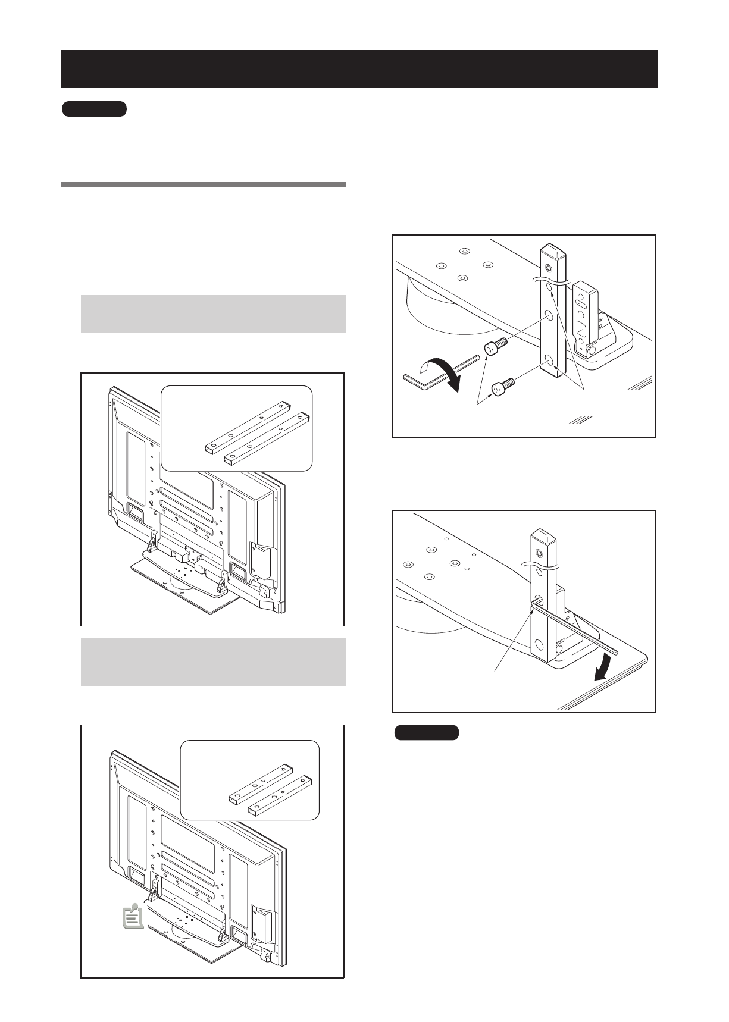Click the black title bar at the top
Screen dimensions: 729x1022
(x=359, y=69)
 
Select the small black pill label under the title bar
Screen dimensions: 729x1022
(x=95, y=109)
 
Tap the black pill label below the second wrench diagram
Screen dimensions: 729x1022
(x=426, y=732)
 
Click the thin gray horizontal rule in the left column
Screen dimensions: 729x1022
(x=203, y=184)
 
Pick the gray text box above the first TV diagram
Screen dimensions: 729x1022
(x=213, y=314)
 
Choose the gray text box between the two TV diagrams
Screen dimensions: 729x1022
(x=213, y=662)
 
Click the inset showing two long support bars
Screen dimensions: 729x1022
(x=237, y=428)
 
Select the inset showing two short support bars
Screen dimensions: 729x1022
(x=250, y=780)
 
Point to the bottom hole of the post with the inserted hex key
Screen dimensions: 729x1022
(x=539, y=645)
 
